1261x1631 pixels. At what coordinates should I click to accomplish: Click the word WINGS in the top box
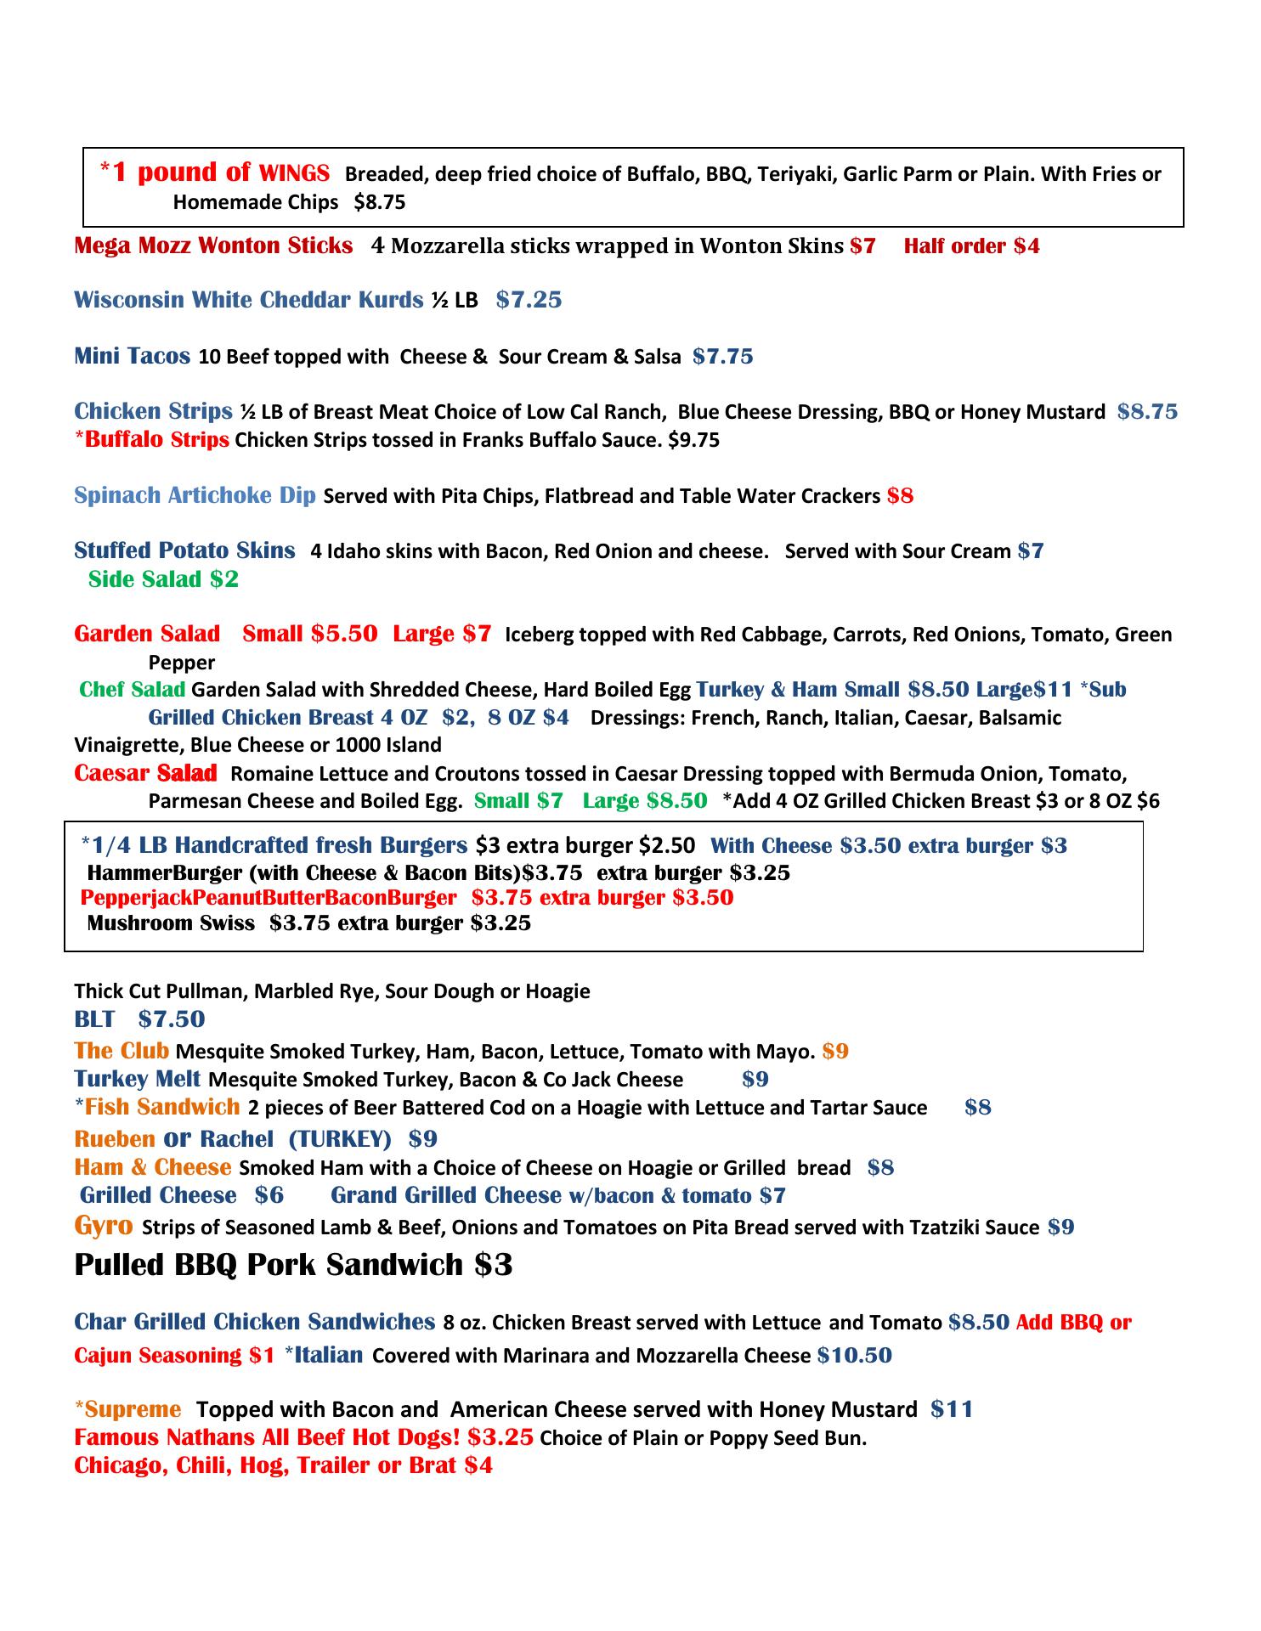point(293,174)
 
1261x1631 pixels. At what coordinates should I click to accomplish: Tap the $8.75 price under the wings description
point(380,202)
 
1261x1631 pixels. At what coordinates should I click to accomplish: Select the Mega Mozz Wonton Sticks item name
point(213,246)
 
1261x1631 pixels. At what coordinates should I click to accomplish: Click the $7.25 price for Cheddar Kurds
point(529,300)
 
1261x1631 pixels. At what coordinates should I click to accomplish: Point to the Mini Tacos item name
point(132,356)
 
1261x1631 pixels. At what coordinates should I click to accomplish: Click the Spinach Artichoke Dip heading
point(195,495)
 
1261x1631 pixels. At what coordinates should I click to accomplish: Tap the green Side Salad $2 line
point(163,579)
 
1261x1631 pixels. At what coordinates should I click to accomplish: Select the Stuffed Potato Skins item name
point(184,550)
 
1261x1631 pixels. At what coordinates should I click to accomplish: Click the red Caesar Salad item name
point(145,774)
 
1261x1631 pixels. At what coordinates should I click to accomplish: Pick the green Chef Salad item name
point(132,689)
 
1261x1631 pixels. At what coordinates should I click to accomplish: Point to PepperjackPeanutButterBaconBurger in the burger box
point(269,898)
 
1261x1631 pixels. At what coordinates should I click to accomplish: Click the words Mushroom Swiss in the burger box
point(171,923)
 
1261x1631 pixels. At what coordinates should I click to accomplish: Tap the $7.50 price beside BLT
point(172,1019)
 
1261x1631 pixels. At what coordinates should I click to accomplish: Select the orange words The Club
point(122,1051)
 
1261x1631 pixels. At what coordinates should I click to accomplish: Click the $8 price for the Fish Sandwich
point(978,1108)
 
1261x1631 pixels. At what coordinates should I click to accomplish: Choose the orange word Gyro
point(104,1226)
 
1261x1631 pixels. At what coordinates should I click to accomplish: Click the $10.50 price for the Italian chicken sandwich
point(854,1355)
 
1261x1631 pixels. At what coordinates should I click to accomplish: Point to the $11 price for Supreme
point(952,1409)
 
